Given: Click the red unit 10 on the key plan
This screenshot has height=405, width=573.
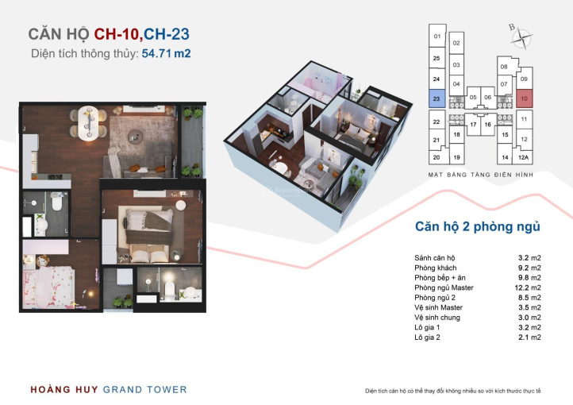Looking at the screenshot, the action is tap(525, 98).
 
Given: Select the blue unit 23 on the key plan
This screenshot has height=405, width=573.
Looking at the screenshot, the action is tap(436, 98).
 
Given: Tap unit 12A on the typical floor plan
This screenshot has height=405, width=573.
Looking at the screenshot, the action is tap(523, 157).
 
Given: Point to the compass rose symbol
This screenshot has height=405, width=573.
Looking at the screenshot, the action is tap(521, 37).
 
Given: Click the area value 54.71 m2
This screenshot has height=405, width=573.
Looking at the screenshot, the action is tap(167, 53).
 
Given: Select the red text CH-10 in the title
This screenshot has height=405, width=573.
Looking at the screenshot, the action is tap(116, 34).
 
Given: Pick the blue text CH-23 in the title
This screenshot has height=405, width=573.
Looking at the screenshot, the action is tap(167, 34).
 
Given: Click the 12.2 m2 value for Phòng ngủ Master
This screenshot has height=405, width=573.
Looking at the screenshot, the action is tap(528, 287).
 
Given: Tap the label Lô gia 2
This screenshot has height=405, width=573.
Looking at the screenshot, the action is tap(427, 337).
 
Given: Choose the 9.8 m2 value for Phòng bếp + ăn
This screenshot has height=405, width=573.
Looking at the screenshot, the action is tap(529, 278).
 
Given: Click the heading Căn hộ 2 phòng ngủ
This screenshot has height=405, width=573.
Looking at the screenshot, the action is tap(477, 227).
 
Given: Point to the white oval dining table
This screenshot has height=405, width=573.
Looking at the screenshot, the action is tap(88, 123).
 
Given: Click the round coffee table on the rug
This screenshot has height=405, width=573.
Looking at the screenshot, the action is tap(135, 137).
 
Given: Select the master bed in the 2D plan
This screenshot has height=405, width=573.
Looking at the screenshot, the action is tap(149, 235).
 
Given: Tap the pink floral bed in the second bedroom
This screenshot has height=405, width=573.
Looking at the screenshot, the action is tap(48, 287).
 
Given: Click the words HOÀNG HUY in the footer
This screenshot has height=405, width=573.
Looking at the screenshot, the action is tap(64, 390).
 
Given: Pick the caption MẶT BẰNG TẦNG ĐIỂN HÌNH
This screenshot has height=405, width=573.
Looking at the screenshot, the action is tap(481, 175).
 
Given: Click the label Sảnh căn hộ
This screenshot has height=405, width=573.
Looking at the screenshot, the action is tap(435, 258).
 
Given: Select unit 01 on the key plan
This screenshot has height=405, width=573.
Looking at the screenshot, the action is tap(437, 36).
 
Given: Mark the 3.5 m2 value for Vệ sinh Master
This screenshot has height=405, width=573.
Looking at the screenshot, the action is tap(529, 308).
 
